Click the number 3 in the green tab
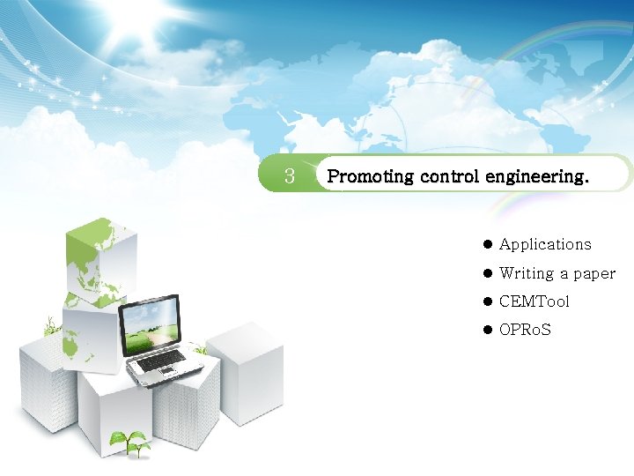click(x=289, y=176)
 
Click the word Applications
click(x=545, y=244)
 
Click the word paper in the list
click(x=594, y=274)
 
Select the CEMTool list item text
click(x=534, y=301)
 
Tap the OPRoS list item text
click(x=525, y=331)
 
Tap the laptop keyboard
click(x=163, y=360)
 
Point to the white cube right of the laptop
click(x=246, y=370)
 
